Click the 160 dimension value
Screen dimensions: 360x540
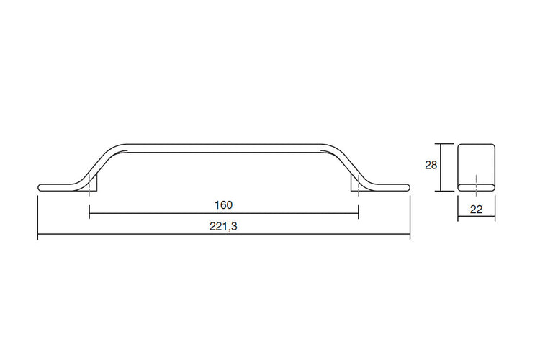(x=223, y=204)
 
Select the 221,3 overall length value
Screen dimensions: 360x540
(x=223, y=226)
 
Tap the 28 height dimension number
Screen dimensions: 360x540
(x=431, y=165)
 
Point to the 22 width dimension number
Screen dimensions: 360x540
(x=476, y=209)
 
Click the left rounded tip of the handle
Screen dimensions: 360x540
(x=40, y=187)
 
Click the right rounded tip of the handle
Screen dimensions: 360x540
(x=408, y=187)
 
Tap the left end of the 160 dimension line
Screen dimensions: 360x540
(x=89, y=213)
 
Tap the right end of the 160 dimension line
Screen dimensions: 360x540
(x=359, y=213)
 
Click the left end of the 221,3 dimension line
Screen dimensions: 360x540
(x=37, y=235)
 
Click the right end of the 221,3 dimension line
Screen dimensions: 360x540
(x=410, y=235)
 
